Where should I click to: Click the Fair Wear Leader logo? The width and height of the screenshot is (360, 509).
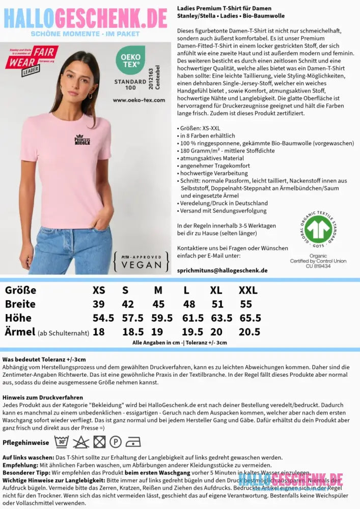tap(32, 60)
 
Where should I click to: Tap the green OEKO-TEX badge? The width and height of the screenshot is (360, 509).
tap(130, 60)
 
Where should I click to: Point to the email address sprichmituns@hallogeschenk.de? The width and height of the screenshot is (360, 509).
tap(222, 270)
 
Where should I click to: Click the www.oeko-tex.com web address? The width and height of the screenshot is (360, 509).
tap(139, 100)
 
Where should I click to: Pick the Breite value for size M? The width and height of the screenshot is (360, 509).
tap(158, 304)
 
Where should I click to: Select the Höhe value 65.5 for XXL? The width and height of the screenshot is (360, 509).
tap(250, 318)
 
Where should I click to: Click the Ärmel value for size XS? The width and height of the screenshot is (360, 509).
tap(99, 332)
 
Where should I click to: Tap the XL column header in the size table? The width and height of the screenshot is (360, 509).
tap(216, 290)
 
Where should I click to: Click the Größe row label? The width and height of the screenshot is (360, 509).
tap(20, 290)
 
